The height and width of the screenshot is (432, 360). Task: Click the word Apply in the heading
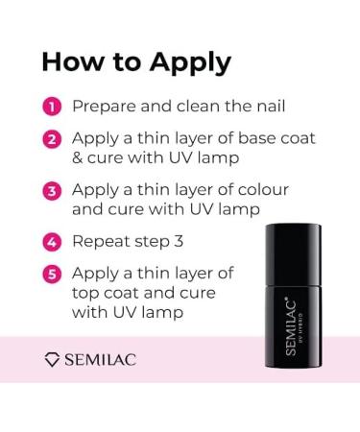point(189,62)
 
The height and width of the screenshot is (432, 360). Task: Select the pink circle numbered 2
point(52,140)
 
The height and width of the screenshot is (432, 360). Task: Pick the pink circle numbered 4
point(52,241)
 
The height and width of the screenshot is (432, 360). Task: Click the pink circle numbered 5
point(52,275)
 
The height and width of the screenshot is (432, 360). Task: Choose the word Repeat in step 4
point(102,242)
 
